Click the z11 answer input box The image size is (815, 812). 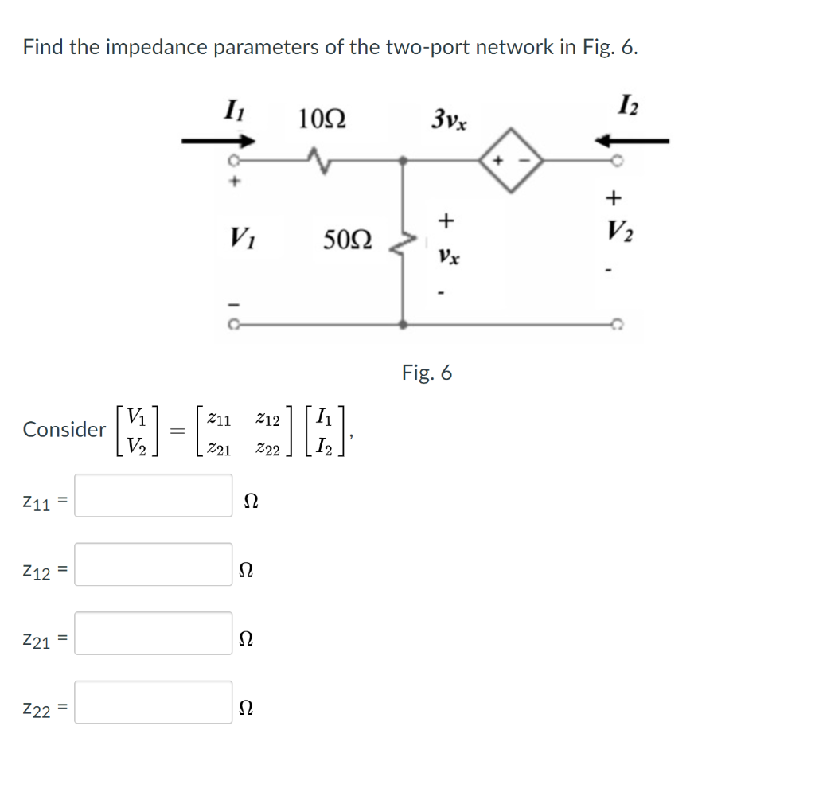click(x=154, y=495)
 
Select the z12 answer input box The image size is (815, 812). click(x=154, y=564)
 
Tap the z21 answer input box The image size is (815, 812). click(x=154, y=633)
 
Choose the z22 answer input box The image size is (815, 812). click(x=154, y=702)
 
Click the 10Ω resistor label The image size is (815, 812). click(x=322, y=120)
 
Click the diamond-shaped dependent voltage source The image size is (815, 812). click(x=509, y=161)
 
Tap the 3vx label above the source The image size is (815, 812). click(x=450, y=121)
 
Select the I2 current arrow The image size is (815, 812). click(x=634, y=141)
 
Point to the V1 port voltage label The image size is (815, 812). click(x=238, y=237)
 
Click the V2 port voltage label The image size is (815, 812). click(x=614, y=232)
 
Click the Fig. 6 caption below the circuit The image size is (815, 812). click(x=427, y=373)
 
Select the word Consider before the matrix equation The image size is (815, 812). click(x=64, y=430)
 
